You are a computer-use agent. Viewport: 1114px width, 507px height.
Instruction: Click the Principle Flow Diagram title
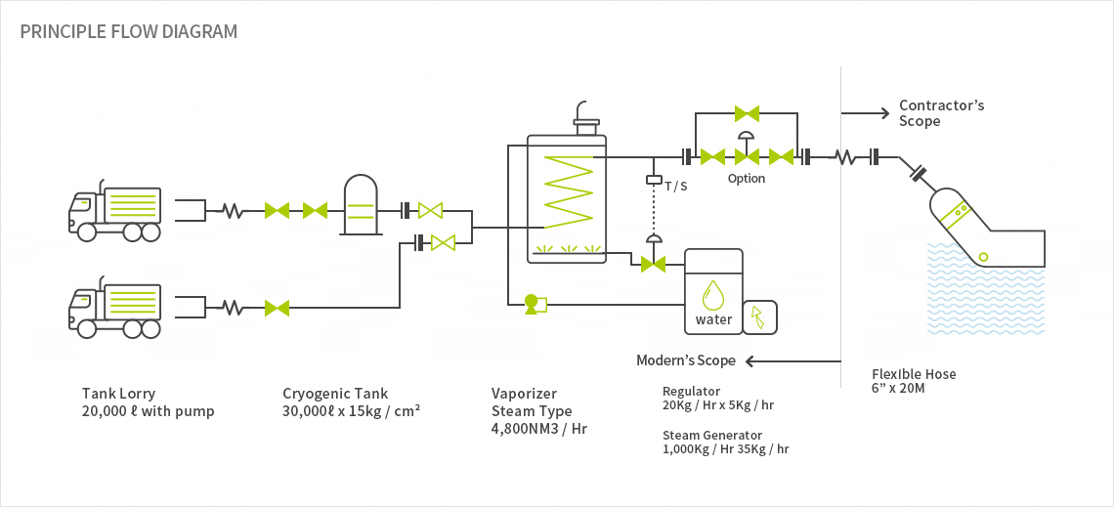(x=129, y=32)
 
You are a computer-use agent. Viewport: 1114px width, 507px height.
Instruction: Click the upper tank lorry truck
(x=114, y=209)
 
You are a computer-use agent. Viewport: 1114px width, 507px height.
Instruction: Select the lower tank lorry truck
(x=114, y=307)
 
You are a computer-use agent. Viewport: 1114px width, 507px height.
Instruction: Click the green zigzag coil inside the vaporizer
(x=568, y=191)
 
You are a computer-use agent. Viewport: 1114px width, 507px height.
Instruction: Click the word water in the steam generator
(x=714, y=319)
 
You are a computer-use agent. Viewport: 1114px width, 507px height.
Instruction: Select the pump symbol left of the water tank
(x=535, y=305)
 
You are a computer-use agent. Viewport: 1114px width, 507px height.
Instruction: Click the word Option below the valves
(x=746, y=178)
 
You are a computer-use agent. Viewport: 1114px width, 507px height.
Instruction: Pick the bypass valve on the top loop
(x=747, y=113)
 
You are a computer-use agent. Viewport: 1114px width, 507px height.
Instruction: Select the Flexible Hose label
(x=914, y=374)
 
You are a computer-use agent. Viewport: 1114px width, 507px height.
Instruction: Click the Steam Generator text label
(x=711, y=435)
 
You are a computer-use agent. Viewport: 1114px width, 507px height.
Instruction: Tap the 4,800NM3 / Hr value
(x=539, y=428)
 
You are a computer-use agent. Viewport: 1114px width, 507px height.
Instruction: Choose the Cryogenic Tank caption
(x=335, y=394)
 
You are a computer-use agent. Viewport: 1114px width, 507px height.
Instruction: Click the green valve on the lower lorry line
(x=277, y=308)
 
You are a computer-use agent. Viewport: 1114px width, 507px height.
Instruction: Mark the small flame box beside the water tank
(x=759, y=317)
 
